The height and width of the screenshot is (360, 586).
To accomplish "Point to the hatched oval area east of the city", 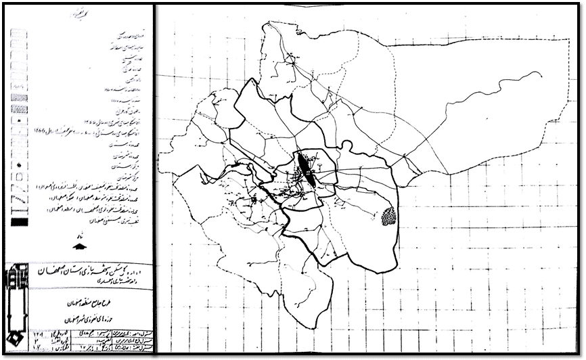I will click(388, 217).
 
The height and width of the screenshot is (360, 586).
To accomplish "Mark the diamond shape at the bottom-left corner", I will click(14, 338).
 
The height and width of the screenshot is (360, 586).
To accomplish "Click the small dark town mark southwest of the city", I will click(254, 200).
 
